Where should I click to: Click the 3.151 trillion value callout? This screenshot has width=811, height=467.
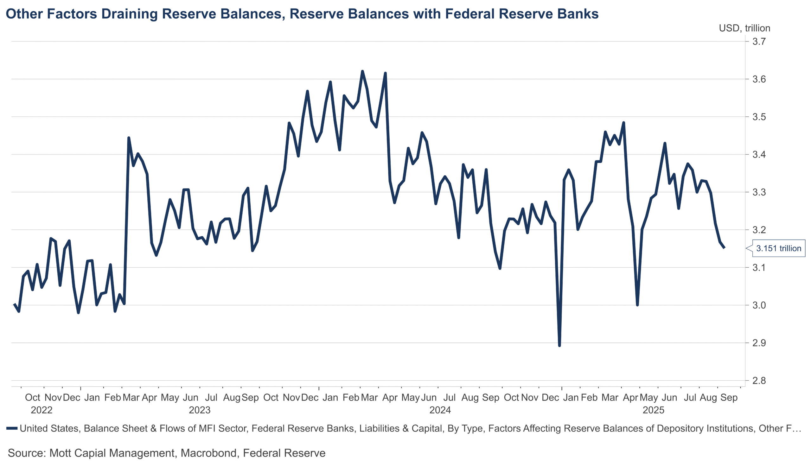pos(778,248)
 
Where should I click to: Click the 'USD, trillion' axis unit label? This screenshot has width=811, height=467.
pos(744,28)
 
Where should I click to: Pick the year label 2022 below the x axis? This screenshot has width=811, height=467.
pos(42,410)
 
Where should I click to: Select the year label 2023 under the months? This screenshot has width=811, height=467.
pos(199,410)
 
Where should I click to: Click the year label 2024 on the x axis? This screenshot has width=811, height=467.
pos(440,410)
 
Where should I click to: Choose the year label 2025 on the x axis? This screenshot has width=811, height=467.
pos(653,410)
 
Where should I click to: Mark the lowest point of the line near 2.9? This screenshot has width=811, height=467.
pos(559,346)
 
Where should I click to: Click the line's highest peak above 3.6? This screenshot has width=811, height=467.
pos(362,71)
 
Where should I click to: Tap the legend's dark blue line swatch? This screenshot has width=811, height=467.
pos(12,428)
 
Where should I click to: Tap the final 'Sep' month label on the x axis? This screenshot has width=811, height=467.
pos(729,398)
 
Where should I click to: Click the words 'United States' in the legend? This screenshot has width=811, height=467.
pos(49,428)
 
